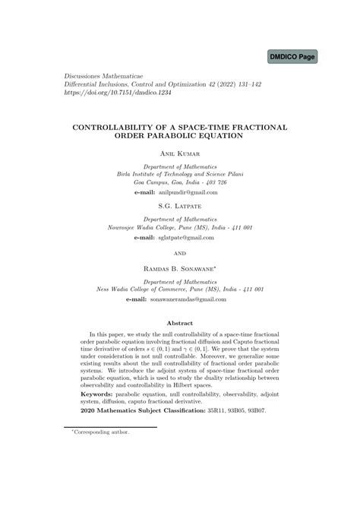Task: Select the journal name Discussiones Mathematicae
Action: point(92,77)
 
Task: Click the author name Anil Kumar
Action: point(179,153)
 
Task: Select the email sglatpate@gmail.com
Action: point(185,237)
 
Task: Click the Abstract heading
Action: point(179,322)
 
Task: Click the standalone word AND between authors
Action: point(179,254)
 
